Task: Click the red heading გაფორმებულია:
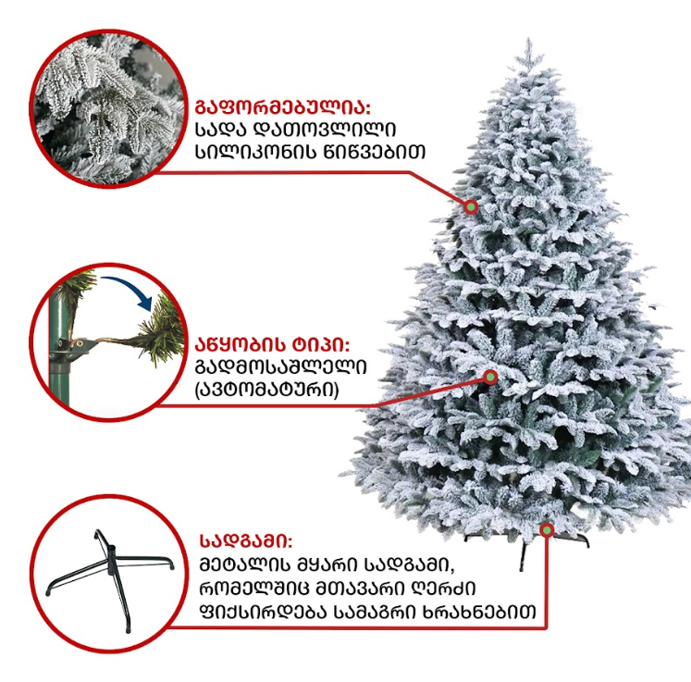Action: pos(282,106)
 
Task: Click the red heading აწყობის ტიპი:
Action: pos(272,345)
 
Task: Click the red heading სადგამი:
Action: pos(246,541)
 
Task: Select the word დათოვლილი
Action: pos(325,130)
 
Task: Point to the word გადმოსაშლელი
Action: pos(280,367)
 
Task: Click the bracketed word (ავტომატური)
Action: pos(266,390)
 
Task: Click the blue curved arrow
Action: pos(128,289)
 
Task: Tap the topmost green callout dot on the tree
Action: pos(471,206)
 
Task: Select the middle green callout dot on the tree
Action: pos(490,377)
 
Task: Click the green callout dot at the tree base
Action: pos(547,530)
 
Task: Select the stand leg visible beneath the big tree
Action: pos(524,557)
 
